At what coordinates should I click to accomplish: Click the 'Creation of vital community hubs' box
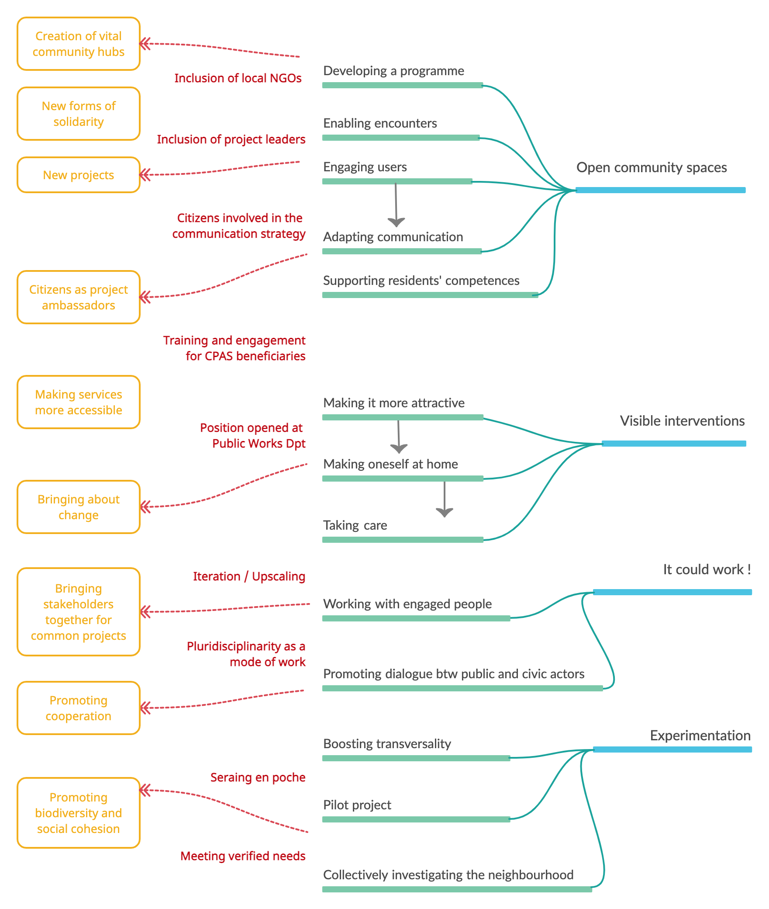tap(79, 44)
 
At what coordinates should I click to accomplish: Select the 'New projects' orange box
tap(79, 175)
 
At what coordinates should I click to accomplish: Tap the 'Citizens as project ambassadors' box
tap(79, 297)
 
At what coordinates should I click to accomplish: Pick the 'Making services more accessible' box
tap(79, 402)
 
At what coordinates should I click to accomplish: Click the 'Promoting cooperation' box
tap(79, 708)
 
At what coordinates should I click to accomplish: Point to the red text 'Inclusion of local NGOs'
tap(238, 78)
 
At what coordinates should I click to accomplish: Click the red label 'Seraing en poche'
tap(258, 777)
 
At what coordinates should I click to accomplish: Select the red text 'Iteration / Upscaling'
tap(249, 576)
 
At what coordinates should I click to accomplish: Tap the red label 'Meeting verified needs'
tap(243, 856)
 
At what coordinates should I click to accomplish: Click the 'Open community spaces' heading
tap(652, 167)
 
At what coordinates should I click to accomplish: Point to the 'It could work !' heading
tap(707, 569)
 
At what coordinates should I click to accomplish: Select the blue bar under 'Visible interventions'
tap(674, 444)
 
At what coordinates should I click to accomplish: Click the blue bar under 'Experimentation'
tap(672, 749)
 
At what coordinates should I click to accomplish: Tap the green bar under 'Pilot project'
tap(416, 819)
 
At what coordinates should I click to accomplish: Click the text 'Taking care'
tap(355, 525)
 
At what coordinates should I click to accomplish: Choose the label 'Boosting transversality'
tap(387, 744)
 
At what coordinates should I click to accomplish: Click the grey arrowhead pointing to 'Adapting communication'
tap(396, 222)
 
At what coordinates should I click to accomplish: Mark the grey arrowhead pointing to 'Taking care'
tap(445, 512)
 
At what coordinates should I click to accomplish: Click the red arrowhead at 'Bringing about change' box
tap(145, 507)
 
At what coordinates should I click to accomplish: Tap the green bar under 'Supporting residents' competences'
tap(430, 295)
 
